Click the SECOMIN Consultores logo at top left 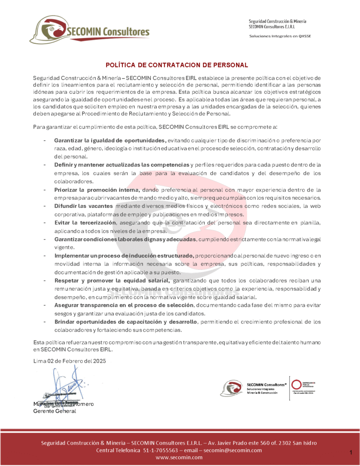[x=89, y=31]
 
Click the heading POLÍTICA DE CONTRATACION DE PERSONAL [x=177, y=65]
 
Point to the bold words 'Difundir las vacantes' [x=83, y=206]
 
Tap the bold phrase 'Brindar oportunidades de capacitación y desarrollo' [x=126, y=322]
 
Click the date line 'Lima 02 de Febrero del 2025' [x=70, y=361]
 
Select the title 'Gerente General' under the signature [x=55, y=411]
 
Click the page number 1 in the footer [x=351, y=452]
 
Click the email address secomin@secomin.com [x=233, y=450]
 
